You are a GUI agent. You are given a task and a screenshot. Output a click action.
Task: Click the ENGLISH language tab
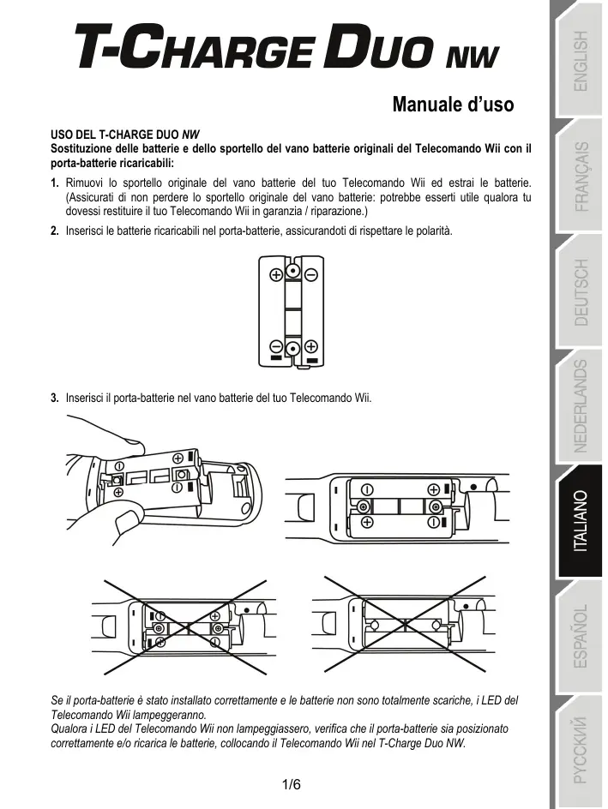point(581,61)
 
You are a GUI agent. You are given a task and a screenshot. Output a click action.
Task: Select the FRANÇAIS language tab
point(581,177)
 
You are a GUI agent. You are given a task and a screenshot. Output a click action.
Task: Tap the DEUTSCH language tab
point(581,292)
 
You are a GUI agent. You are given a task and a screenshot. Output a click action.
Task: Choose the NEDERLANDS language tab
point(581,405)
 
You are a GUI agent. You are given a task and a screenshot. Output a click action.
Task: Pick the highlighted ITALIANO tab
point(581,520)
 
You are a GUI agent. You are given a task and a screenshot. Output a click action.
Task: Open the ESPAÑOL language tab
point(581,637)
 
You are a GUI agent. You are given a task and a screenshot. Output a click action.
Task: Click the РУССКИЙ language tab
point(581,750)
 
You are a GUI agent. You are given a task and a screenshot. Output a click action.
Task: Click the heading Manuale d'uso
point(453,105)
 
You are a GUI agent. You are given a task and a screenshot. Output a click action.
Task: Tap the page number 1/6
point(292,784)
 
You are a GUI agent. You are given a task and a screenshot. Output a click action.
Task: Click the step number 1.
point(55,183)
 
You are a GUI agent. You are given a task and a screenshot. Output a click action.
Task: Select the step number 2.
point(55,231)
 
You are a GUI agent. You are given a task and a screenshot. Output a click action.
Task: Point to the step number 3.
point(55,399)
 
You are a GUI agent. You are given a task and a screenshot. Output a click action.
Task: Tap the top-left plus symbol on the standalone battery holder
point(276,275)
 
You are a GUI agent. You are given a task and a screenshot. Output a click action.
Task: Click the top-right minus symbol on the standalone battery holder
point(310,275)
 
